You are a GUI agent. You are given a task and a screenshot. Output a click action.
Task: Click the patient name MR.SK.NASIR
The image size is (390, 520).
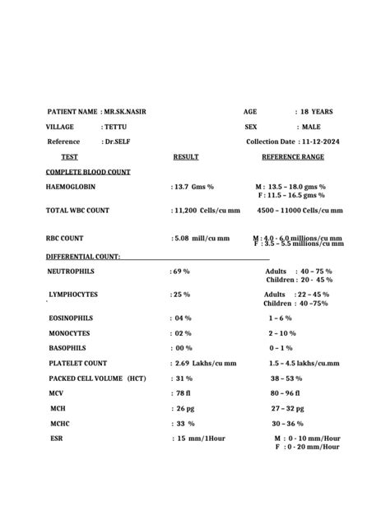pyautogui.click(x=126, y=111)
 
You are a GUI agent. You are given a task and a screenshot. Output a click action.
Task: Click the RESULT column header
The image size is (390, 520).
pyautogui.click(x=186, y=156)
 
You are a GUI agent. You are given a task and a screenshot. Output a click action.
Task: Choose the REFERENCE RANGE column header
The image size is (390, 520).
pyautogui.click(x=293, y=156)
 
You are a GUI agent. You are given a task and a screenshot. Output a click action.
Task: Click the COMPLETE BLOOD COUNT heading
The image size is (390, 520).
pyautogui.click(x=88, y=172)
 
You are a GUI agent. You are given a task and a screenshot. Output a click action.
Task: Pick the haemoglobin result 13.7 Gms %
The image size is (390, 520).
pyautogui.click(x=194, y=187)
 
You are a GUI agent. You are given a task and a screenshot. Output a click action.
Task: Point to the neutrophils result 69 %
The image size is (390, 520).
pyautogui.click(x=182, y=271)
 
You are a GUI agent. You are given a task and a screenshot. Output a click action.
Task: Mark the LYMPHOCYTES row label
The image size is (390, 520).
pyautogui.click(x=73, y=294)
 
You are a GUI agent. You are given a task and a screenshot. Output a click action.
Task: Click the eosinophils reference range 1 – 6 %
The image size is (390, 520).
pyautogui.click(x=281, y=318)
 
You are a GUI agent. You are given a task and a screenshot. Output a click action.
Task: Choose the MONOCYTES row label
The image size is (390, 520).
pyautogui.click(x=72, y=333)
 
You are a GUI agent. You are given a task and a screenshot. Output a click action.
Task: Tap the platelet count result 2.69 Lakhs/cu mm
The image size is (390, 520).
pyautogui.click(x=206, y=363)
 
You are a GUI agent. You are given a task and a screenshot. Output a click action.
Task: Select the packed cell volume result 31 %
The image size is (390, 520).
pyautogui.click(x=183, y=378)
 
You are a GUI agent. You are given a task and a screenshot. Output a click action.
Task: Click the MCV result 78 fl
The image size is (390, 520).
pyautogui.click(x=183, y=393)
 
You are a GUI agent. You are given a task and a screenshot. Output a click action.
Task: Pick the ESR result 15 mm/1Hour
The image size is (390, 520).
pyautogui.click(x=201, y=438)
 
